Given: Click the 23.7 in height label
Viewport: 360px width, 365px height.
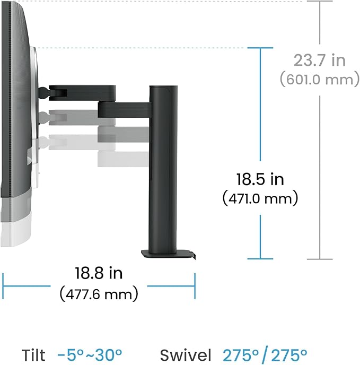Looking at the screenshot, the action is tap(320, 60).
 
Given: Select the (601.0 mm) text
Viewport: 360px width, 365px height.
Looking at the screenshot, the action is tap(320, 80).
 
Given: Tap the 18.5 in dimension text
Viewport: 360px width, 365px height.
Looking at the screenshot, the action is tap(260, 179).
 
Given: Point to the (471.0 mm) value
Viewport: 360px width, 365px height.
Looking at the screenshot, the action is tap(260, 198).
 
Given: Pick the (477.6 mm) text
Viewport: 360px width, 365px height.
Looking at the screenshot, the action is tap(99, 294).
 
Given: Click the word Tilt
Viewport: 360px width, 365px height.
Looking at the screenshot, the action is tap(33, 355).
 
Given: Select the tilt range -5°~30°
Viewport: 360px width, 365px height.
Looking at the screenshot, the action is tap(90, 355).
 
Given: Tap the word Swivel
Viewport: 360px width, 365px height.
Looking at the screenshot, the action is tap(186, 355).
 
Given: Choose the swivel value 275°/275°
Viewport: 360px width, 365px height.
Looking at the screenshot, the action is tap(265, 355).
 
